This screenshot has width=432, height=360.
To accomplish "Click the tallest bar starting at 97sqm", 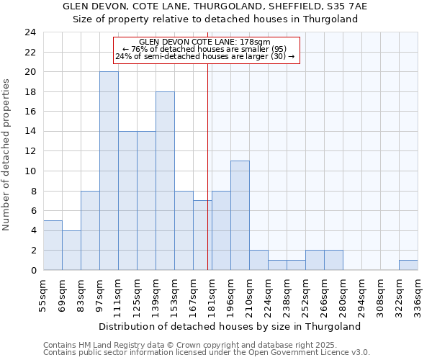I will [109, 171].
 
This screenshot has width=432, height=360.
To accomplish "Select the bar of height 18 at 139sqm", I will [165, 181].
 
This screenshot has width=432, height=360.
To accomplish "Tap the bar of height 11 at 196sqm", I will [240, 215].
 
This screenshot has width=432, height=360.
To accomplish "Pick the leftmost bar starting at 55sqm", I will [53, 245].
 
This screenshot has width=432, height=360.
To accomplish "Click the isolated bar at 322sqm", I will [408, 265].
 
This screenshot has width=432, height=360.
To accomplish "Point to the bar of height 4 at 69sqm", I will [71, 250].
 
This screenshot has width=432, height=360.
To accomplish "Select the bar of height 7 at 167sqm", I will [202, 235].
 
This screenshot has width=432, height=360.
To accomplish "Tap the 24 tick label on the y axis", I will [30, 32].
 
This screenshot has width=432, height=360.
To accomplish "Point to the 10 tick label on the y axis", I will [30, 171].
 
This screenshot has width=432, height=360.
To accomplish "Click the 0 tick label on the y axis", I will [32, 270].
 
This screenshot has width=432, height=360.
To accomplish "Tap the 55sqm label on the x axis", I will [44, 292].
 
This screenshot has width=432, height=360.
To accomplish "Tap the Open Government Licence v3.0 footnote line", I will [207, 353].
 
